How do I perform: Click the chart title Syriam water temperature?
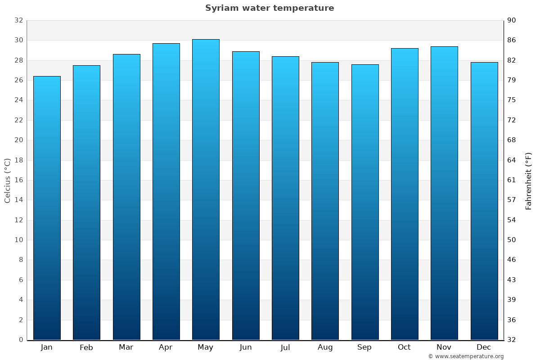[270, 8]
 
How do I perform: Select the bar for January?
[47, 208]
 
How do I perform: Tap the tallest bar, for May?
[206, 189]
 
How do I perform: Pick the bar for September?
[365, 202]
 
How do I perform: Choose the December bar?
[484, 201]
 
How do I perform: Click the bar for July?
[285, 198]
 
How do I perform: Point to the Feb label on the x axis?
[86, 347]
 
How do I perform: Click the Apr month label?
[166, 347]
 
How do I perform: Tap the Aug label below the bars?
[325, 347]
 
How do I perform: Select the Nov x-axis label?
[444, 347]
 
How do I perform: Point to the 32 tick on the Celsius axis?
[18, 20]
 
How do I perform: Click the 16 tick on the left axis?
[18, 180]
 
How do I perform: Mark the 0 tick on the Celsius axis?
[21, 340]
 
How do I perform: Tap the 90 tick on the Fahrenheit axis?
[512, 20]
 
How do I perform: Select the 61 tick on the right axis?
[512, 180]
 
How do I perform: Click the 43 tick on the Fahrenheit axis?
[512, 280]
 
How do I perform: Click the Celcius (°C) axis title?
[8, 180]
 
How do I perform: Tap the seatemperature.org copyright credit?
[466, 356]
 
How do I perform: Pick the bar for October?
[405, 194]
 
